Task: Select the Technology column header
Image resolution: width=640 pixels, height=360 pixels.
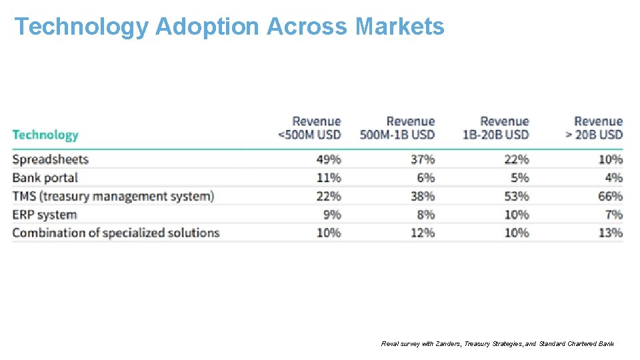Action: click(x=45, y=135)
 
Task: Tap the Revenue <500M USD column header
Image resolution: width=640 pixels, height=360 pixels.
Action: click(x=309, y=128)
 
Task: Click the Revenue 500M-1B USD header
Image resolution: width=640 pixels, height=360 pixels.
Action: click(x=397, y=128)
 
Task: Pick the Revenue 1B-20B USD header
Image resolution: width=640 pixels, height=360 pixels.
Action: click(x=495, y=128)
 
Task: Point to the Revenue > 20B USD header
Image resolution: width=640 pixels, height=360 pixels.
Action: click(x=594, y=128)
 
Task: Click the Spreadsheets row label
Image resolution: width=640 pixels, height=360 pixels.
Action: click(x=51, y=159)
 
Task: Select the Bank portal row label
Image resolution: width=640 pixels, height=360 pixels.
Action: click(x=45, y=178)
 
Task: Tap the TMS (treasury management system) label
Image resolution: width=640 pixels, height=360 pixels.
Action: click(x=113, y=196)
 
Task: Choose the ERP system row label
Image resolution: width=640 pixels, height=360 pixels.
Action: click(x=45, y=215)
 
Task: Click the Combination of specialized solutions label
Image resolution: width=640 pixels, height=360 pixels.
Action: click(x=116, y=233)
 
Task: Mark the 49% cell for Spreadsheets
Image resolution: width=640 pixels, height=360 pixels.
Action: click(x=329, y=159)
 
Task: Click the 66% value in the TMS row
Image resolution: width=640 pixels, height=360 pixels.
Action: click(x=610, y=196)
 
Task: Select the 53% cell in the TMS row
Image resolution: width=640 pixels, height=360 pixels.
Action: click(x=516, y=196)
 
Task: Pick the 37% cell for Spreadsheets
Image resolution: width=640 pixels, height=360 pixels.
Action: click(x=423, y=159)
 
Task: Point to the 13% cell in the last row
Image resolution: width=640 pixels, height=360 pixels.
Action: click(x=610, y=233)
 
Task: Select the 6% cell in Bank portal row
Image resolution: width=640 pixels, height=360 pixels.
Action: click(x=425, y=178)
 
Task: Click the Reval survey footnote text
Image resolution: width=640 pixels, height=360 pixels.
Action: click(x=497, y=344)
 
